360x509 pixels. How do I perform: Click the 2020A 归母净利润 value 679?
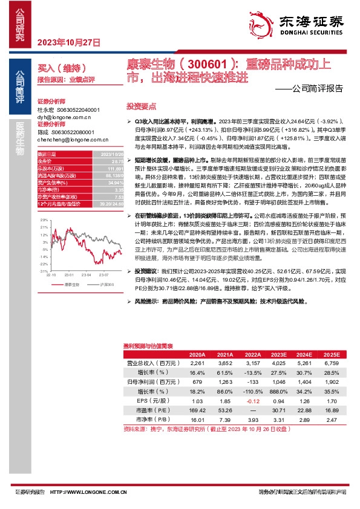click(x=197, y=382)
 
